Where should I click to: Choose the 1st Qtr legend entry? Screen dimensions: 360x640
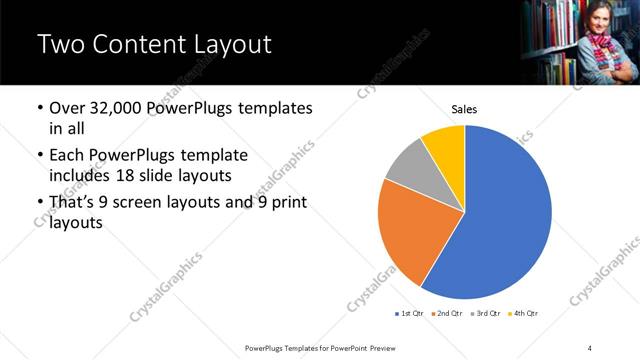click(x=411, y=314)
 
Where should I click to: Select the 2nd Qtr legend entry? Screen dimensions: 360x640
click(x=447, y=314)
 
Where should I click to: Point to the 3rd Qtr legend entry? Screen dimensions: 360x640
click(x=484, y=314)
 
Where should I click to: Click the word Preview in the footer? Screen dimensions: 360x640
click(x=380, y=347)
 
